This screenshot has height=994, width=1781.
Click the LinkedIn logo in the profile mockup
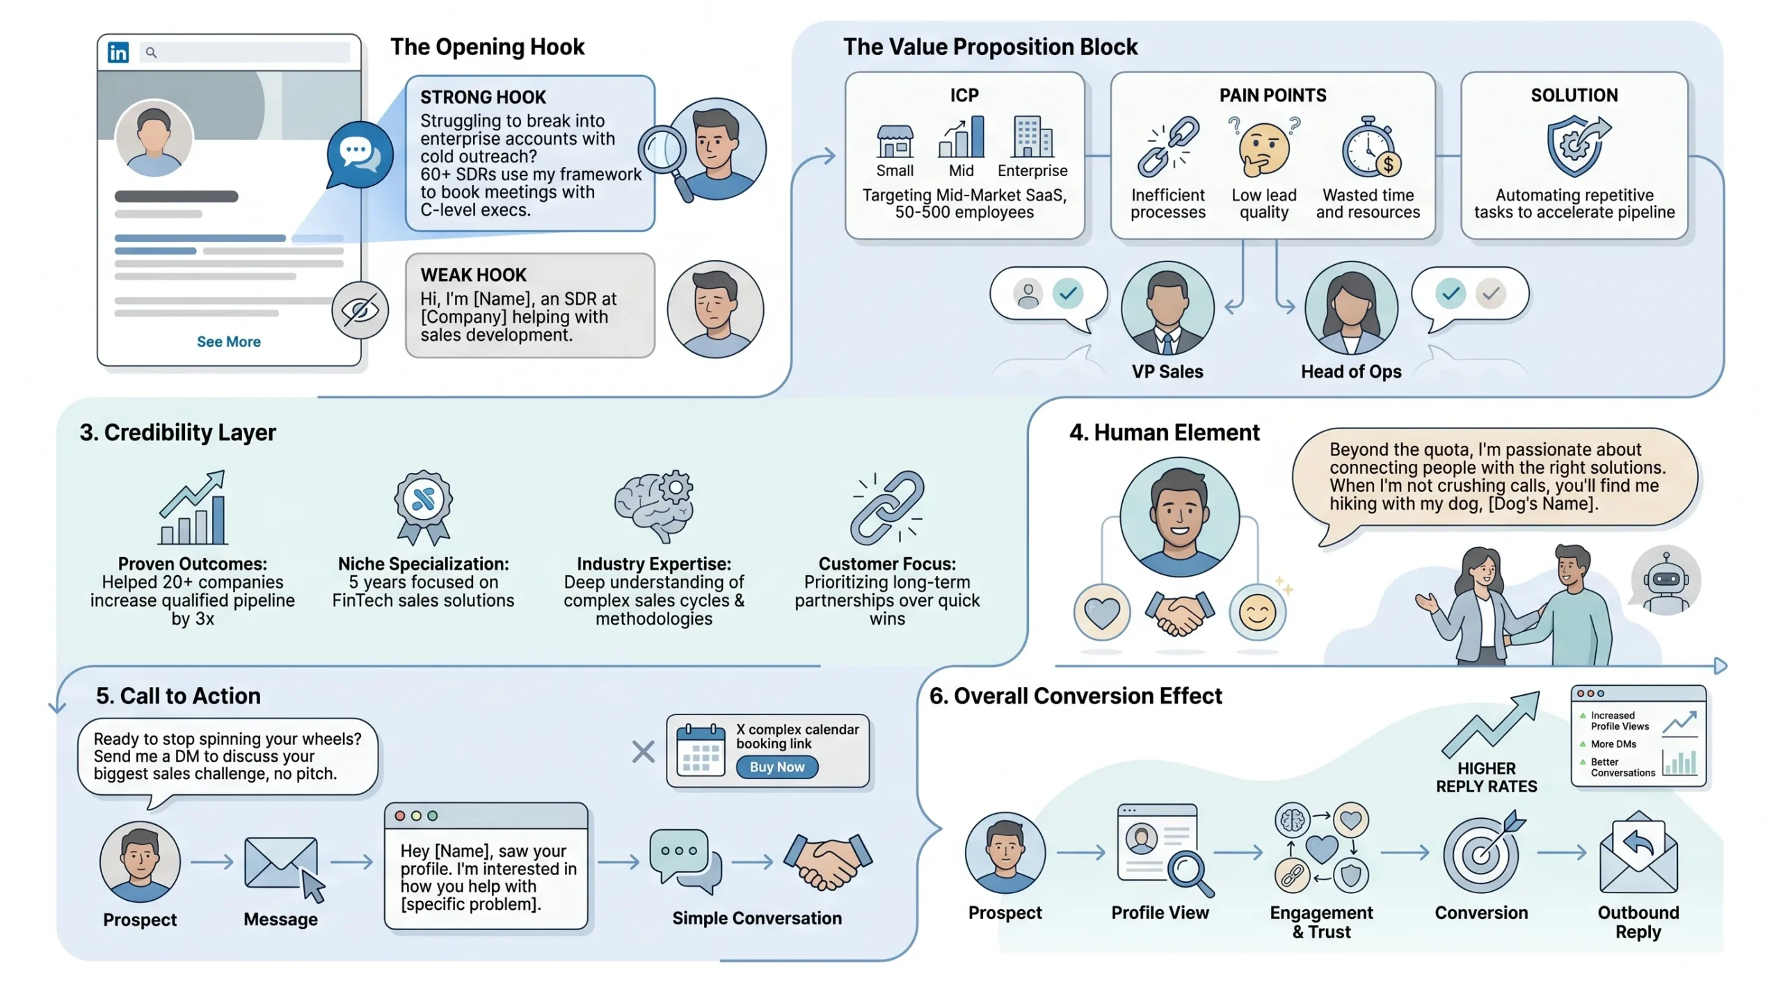point(118,52)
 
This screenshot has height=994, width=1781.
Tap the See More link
point(228,342)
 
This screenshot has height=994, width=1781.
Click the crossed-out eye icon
point(360,310)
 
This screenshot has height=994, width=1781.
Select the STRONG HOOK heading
point(483,97)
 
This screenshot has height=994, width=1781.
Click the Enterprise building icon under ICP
point(1033,136)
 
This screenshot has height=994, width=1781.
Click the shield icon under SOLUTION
point(1574,146)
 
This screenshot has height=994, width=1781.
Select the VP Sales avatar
point(1167,308)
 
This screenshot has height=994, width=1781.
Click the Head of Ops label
point(1351,372)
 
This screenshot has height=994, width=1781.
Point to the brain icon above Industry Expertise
point(653,506)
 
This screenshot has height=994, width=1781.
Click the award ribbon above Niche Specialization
point(423,507)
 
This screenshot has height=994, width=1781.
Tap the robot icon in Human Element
point(1666,580)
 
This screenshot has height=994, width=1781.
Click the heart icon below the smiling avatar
point(1102,613)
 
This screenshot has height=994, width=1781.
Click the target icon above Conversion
point(1482,853)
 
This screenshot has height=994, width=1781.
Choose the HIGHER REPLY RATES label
point(1487,778)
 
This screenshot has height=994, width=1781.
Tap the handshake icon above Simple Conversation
point(828,862)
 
